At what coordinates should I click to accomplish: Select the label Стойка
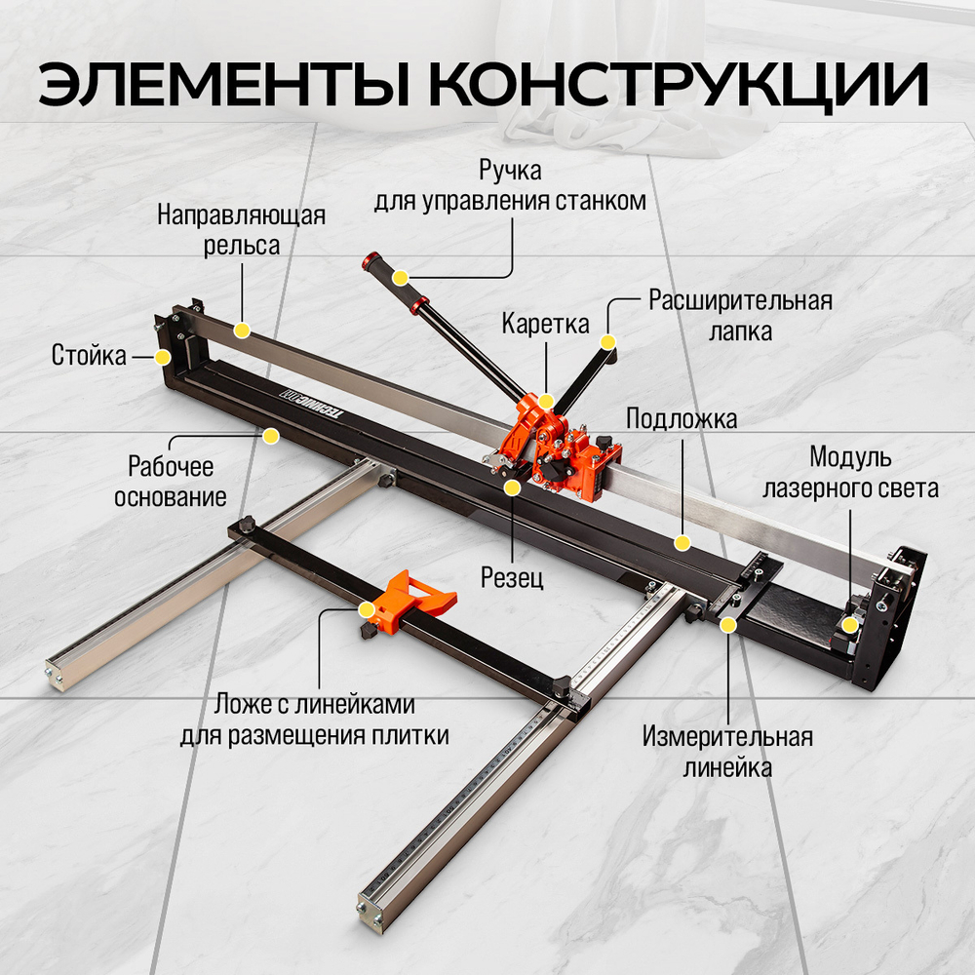[x=89, y=356]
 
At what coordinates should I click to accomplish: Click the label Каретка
[x=546, y=324]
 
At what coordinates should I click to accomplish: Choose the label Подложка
[x=681, y=419]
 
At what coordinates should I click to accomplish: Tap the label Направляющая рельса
[x=241, y=229]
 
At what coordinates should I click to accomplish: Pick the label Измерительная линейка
[x=726, y=752]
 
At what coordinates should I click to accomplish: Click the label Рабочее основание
[x=171, y=482]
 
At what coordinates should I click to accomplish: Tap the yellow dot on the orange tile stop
[x=367, y=610]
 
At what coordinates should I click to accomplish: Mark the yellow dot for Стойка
[x=162, y=357]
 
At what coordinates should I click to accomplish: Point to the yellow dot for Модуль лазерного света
[x=850, y=625]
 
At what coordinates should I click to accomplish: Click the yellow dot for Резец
[x=512, y=485]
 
